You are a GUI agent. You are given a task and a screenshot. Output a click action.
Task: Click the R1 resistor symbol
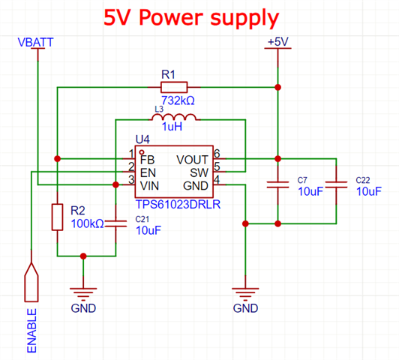(x=174, y=87)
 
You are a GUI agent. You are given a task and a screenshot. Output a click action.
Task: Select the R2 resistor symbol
(x=57, y=217)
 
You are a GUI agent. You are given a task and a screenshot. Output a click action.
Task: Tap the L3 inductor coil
(x=174, y=118)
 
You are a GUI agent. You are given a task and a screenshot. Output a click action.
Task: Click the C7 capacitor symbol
(x=277, y=185)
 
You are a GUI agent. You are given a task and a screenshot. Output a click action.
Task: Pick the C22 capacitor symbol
(x=337, y=185)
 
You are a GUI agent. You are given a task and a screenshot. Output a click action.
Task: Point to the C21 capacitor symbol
(x=115, y=223)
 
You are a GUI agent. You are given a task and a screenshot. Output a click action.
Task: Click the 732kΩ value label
(x=178, y=100)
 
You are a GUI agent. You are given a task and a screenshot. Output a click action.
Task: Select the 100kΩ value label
(x=87, y=224)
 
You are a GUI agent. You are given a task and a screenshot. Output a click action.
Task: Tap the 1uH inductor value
(x=172, y=127)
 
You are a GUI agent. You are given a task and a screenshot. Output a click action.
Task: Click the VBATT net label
(x=35, y=42)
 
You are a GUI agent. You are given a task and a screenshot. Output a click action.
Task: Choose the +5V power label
(x=277, y=42)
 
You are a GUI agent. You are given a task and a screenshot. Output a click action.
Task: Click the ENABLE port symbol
(x=31, y=282)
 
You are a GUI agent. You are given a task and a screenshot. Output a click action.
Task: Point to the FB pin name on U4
(x=147, y=160)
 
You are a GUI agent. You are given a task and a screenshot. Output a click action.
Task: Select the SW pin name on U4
(x=199, y=173)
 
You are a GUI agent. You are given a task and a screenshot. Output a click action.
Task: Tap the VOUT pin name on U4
(x=192, y=160)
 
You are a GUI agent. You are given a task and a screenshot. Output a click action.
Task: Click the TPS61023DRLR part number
(x=178, y=205)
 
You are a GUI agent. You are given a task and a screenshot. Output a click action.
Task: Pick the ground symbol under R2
(x=83, y=292)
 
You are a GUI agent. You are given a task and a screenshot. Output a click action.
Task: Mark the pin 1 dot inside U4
(x=142, y=152)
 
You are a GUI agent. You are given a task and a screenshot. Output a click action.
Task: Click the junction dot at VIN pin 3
(x=115, y=184)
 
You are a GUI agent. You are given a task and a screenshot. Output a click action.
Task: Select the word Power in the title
(x=171, y=17)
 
